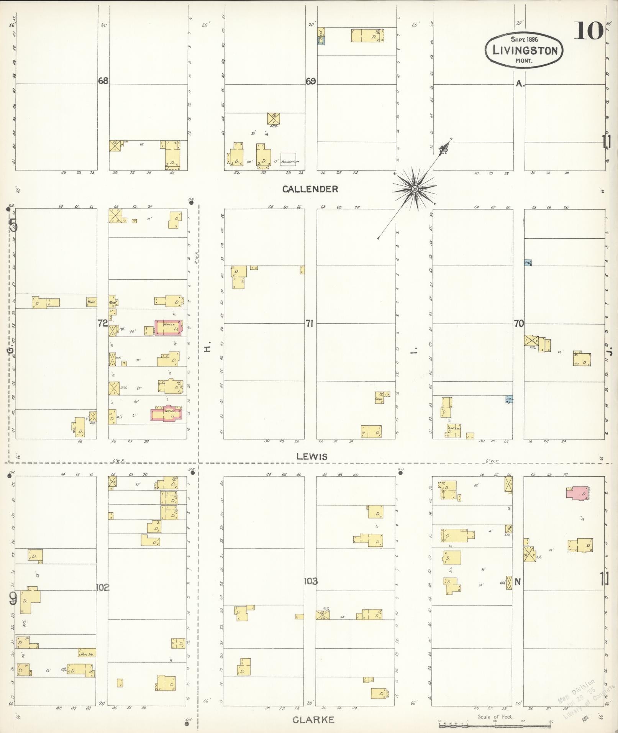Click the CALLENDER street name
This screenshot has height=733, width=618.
[x=310, y=189]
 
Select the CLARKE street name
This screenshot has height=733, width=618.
[x=313, y=720]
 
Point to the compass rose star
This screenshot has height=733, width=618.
[x=415, y=189]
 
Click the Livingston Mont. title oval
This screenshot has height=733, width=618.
[x=524, y=50]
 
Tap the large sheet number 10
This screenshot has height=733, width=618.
[x=588, y=31]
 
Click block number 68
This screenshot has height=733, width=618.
[x=103, y=81]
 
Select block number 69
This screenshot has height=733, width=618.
[x=311, y=81]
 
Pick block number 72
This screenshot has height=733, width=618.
[x=102, y=323]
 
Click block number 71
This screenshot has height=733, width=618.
[x=310, y=324]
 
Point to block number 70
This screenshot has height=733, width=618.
[x=519, y=324]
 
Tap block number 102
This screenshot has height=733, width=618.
[x=103, y=587]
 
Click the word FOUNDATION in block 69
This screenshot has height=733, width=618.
[x=290, y=162]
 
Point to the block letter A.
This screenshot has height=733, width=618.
[x=520, y=84]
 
